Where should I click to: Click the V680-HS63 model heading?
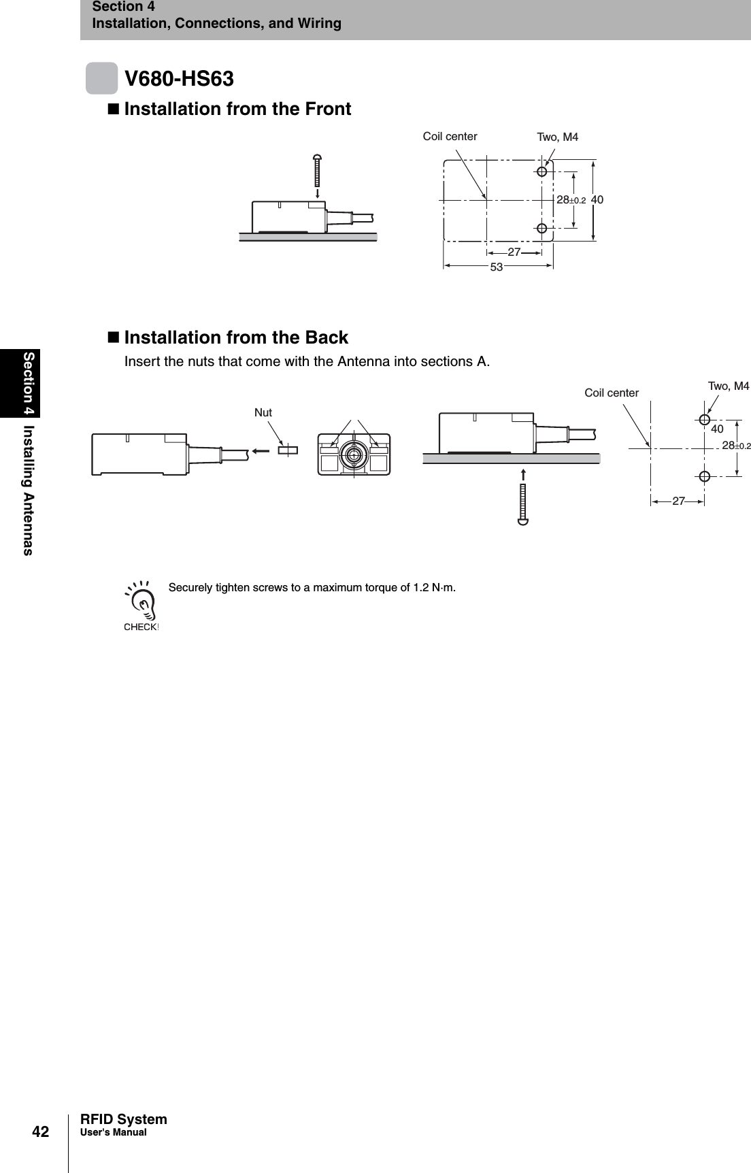(x=179, y=79)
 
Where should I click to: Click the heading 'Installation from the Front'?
(x=237, y=109)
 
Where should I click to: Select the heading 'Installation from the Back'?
(x=236, y=337)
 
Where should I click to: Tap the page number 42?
(x=41, y=1131)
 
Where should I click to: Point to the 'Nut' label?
(x=263, y=412)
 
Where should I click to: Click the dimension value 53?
(x=497, y=267)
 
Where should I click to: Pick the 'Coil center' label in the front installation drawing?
(x=450, y=136)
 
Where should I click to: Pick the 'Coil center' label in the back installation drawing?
(x=612, y=393)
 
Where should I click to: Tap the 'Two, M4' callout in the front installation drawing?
(x=558, y=137)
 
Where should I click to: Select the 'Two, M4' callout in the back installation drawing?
(x=729, y=386)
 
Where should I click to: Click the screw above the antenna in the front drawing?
(x=317, y=170)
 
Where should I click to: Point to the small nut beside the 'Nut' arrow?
(x=288, y=449)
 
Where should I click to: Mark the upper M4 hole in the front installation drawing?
(x=541, y=171)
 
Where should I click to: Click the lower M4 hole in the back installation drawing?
(x=705, y=476)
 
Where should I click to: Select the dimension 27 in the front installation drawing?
(x=514, y=252)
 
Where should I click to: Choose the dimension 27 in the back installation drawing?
(x=678, y=501)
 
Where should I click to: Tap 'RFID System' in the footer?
(x=124, y=1119)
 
